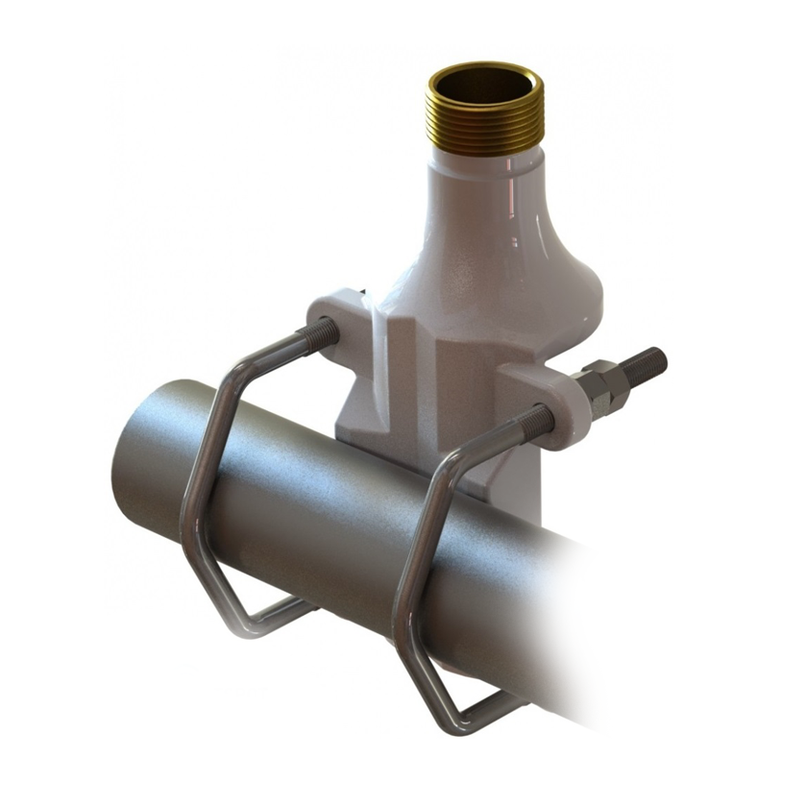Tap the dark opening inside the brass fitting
(485, 84)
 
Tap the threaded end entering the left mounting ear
(316, 337)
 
